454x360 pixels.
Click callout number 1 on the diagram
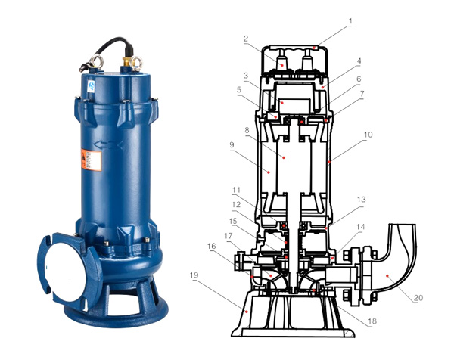[x=350, y=21]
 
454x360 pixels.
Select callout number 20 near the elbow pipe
[x=418, y=298]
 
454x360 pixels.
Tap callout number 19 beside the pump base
[x=194, y=275]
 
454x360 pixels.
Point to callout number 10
[x=368, y=135]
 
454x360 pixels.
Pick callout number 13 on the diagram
[x=362, y=200]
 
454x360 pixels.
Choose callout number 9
[x=232, y=144]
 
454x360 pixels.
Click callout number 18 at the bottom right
[x=372, y=321]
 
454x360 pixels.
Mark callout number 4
[x=359, y=61]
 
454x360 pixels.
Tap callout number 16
[x=212, y=247]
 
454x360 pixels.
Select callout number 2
[x=246, y=39]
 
